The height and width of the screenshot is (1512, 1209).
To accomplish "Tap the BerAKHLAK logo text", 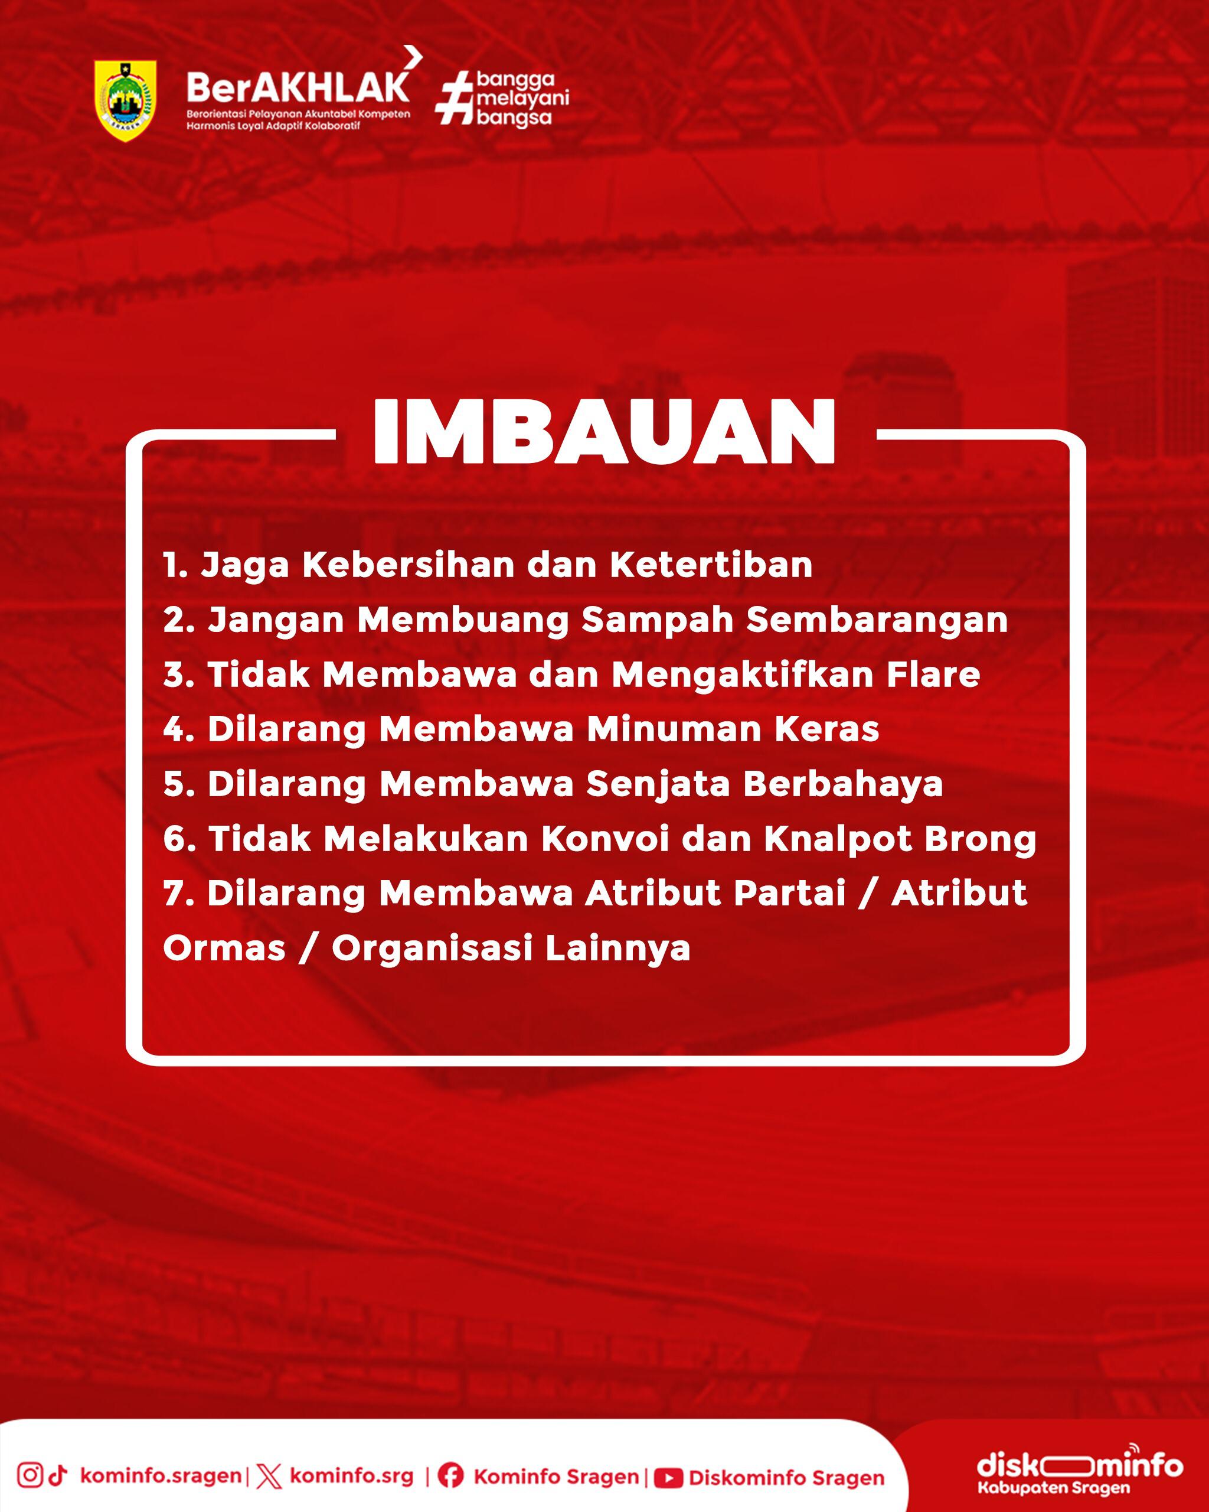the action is tap(298, 87).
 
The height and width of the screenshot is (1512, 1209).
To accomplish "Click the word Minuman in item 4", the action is tap(674, 729).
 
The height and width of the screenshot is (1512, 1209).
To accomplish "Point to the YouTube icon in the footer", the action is tap(668, 1478).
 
